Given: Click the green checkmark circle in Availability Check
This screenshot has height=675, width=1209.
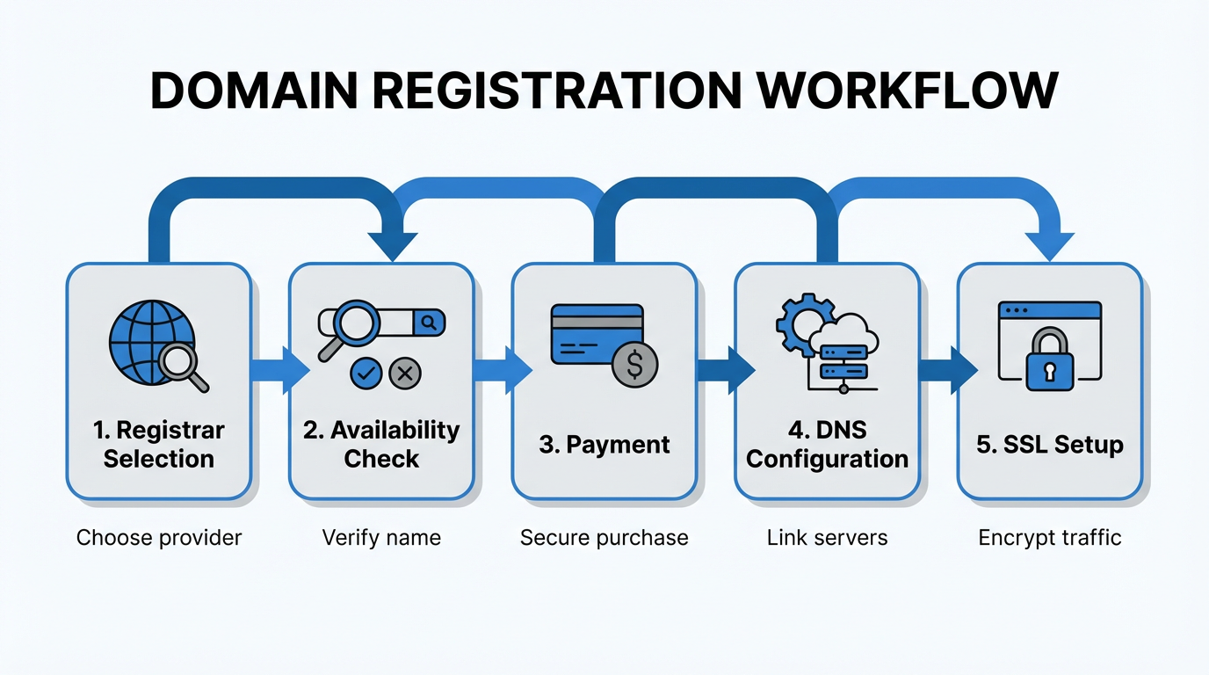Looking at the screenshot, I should [366, 374].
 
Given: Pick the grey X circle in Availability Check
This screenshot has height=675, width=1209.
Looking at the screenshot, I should [405, 374].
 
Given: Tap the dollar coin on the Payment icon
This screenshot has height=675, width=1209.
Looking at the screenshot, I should [634, 364].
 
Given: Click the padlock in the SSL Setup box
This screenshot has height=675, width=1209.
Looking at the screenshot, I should [1048, 360].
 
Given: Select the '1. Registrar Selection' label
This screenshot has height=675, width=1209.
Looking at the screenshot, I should [159, 444].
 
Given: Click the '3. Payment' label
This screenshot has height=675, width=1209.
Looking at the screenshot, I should [604, 445].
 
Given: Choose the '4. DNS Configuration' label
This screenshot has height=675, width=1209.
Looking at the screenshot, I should [827, 444].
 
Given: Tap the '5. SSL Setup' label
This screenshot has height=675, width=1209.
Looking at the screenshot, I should [1049, 445].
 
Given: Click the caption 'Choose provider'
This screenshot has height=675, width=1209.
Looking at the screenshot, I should [159, 537].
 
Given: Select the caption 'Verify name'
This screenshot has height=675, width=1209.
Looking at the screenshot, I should [381, 537].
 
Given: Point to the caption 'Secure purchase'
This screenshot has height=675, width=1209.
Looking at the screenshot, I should [604, 537].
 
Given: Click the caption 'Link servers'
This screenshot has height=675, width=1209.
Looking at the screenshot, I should [827, 537].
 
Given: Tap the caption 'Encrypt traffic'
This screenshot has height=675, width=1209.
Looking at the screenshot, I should [1049, 537].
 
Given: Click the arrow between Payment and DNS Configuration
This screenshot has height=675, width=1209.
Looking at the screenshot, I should [724, 370].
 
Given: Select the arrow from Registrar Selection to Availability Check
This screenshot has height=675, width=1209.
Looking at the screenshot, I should [279, 370].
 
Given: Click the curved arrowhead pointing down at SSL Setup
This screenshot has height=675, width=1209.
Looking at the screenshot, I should [1049, 245].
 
